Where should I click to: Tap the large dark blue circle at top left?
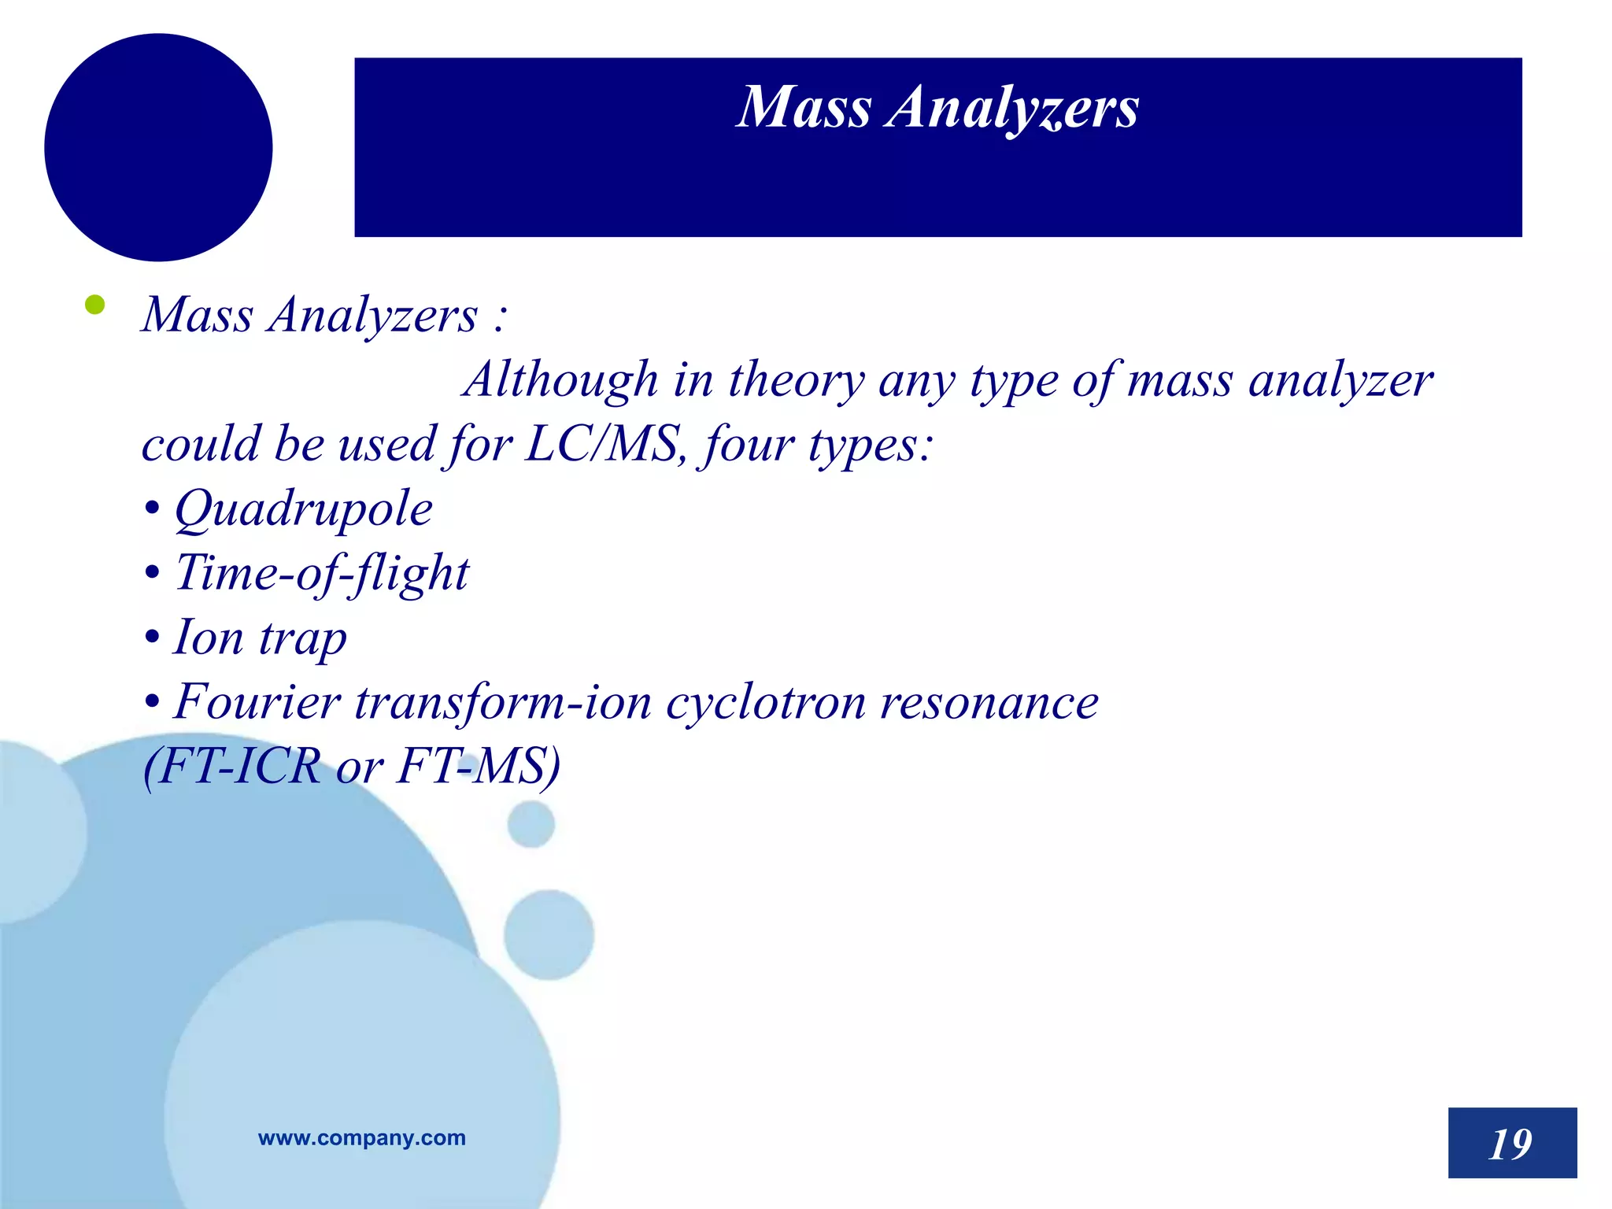[158, 147]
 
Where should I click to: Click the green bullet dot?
[94, 305]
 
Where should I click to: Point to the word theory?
[796, 381]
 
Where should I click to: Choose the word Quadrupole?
[303, 509]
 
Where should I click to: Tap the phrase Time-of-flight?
[322, 573]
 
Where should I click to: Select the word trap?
[303, 639]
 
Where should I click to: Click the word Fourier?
[257, 701]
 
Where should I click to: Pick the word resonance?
[989, 701]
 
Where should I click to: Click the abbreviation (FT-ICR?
[233, 766]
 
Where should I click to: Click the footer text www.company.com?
[361, 1137]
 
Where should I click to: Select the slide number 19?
[1511, 1143]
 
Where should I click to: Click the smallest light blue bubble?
[531, 824]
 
